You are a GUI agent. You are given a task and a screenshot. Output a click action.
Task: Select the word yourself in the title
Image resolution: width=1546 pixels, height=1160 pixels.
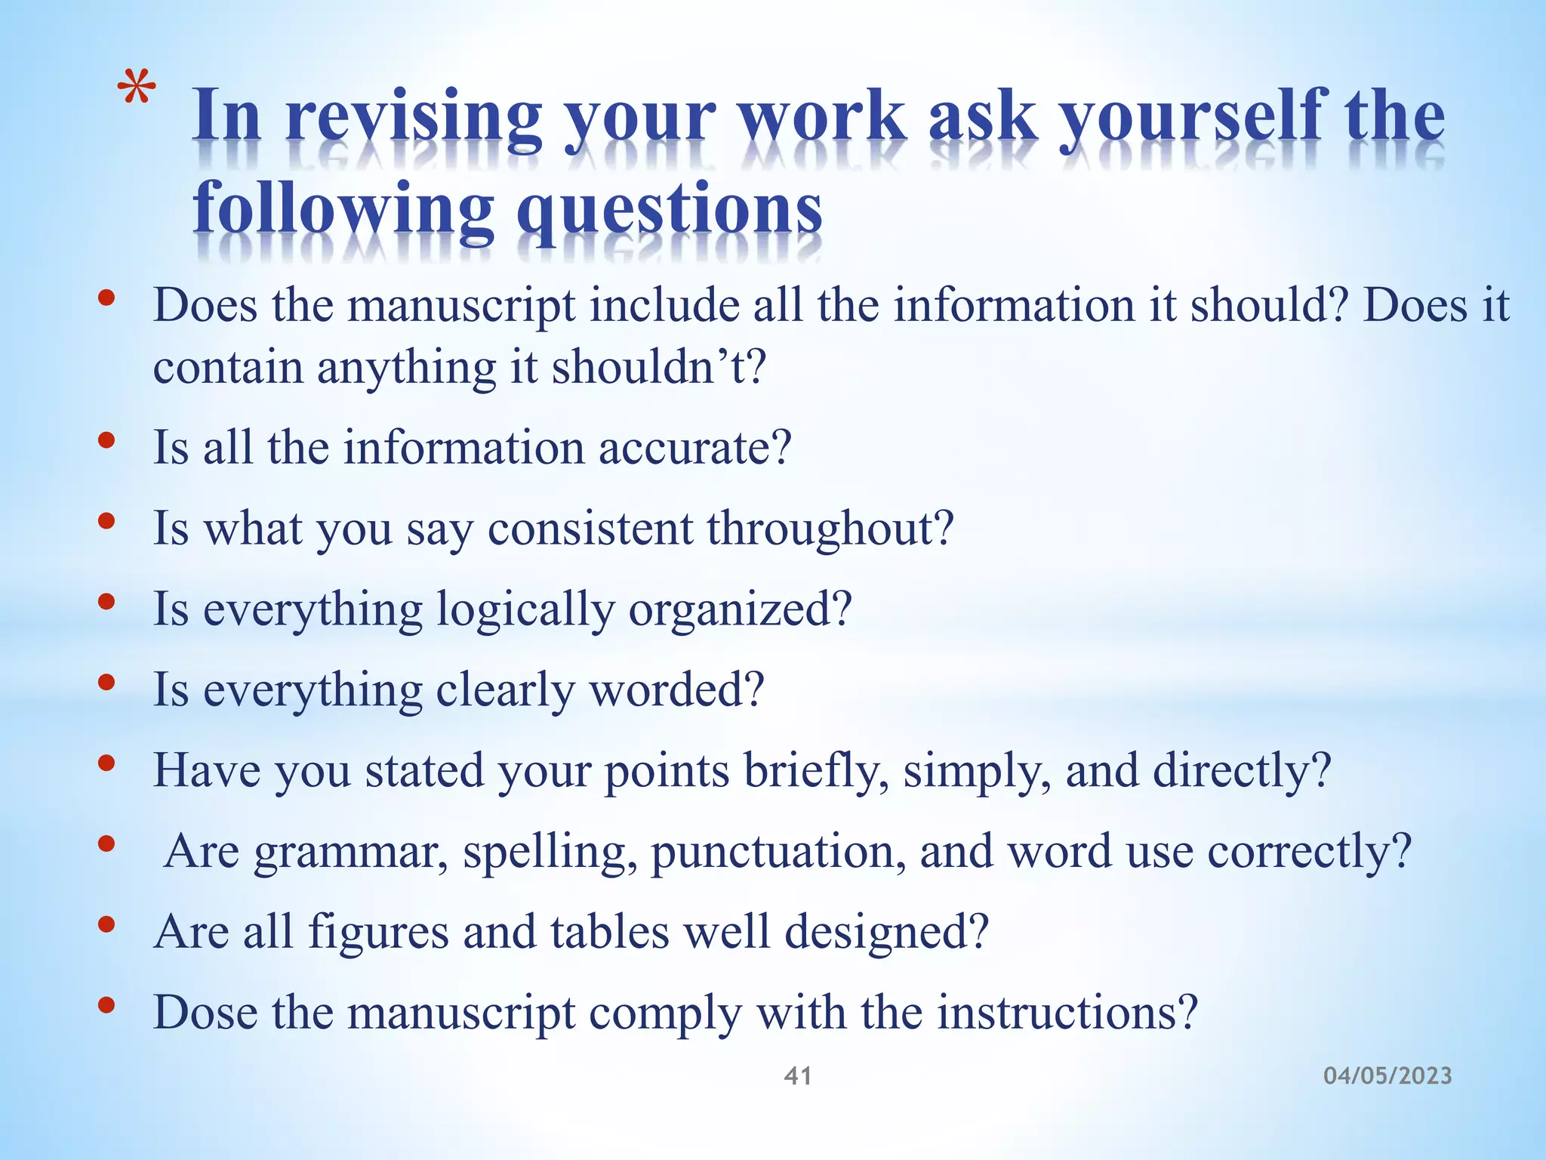click(1192, 117)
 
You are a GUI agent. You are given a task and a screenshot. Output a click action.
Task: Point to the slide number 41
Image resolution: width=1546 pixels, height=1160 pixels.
click(798, 1075)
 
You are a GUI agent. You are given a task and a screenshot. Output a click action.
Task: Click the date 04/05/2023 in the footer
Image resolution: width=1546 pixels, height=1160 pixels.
click(1387, 1075)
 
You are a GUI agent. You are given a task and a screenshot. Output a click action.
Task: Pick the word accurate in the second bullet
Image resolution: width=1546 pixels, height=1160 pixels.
click(694, 447)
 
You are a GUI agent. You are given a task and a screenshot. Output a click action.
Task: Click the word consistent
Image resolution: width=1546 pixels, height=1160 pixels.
click(590, 528)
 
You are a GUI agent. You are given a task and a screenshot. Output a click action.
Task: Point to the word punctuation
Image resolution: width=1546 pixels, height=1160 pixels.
click(778, 851)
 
